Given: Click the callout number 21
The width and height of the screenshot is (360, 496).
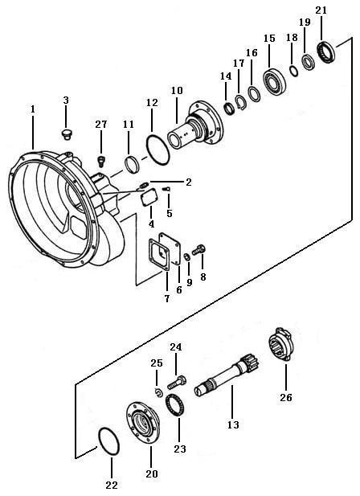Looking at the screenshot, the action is (321, 10).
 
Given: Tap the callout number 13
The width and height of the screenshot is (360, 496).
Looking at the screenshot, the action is (233, 424).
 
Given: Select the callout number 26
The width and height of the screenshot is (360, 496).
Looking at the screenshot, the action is (286, 397).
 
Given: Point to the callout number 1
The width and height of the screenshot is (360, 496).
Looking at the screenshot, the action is (33, 109).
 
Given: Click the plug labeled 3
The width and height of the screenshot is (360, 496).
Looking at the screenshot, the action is (66, 133).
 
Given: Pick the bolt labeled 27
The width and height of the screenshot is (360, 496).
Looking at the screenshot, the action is (100, 161).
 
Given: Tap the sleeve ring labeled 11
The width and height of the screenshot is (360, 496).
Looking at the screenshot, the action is (133, 165).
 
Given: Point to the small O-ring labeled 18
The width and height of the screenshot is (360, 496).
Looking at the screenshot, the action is (294, 71).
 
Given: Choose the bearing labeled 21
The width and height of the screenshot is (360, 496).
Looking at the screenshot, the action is (326, 51).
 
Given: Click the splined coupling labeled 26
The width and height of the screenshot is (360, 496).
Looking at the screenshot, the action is (281, 345).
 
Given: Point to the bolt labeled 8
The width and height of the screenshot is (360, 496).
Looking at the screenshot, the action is (199, 250).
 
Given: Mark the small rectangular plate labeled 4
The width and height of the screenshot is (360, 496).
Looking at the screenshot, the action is (149, 198).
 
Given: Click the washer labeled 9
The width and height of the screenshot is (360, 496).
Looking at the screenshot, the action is (187, 257).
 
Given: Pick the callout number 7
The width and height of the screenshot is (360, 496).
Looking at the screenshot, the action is (166, 298).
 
